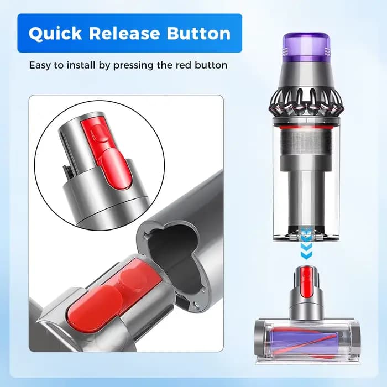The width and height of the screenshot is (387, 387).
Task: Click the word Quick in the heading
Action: pyautogui.click(x=55, y=33)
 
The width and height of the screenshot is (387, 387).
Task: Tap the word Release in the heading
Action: pyautogui.click(x=124, y=33)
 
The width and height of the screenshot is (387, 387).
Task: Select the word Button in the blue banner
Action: pyautogui.click(x=198, y=33)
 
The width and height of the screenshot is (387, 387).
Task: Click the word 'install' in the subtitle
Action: pyautogui.click(x=81, y=65)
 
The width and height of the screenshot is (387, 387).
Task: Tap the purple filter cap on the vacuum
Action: pyautogui.click(x=306, y=46)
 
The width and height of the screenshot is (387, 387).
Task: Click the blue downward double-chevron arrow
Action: pyautogui.click(x=306, y=251)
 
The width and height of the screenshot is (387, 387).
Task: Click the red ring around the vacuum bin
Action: pyautogui.click(x=306, y=128)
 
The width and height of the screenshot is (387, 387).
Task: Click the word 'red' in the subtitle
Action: pyautogui.click(x=184, y=65)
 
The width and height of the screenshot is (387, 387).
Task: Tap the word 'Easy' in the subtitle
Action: pyautogui.click(x=40, y=66)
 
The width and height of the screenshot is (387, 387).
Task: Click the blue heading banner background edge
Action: pyautogui.click(x=18, y=33)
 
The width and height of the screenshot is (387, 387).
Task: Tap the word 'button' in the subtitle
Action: pyautogui.click(x=211, y=65)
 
